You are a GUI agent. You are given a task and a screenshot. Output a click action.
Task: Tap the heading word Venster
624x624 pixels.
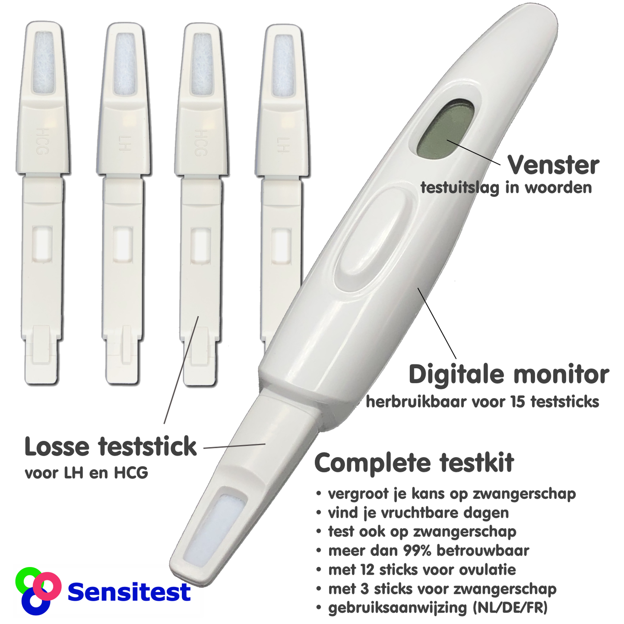pyautogui.click(x=553, y=165)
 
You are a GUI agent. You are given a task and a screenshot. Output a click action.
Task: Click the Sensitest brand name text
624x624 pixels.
pyautogui.click(x=129, y=592)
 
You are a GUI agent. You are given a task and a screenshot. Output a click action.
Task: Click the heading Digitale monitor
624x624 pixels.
pyautogui.click(x=509, y=375)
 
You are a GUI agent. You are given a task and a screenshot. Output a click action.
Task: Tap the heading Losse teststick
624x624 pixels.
pyautogui.click(x=111, y=447)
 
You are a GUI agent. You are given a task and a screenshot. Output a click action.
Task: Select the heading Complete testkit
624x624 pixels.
pyautogui.click(x=414, y=463)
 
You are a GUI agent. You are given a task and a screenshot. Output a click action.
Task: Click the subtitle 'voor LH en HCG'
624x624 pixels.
pyautogui.click(x=86, y=473)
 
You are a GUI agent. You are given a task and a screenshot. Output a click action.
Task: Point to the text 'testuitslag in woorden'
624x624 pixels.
pyautogui.click(x=506, y=187)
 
